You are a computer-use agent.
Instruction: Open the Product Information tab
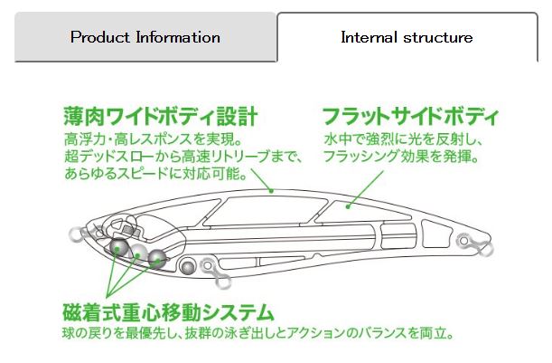coord(145,38)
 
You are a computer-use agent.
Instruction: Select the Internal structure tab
coord(406,38)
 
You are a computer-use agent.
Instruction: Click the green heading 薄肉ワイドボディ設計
coord(162,117)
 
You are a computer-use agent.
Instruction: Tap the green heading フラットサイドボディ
coord(410,117)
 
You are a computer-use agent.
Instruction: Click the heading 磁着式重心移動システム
coord(168,313)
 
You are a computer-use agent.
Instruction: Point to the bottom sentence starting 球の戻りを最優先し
coord(257,333)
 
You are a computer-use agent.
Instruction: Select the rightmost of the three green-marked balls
coord(158,259)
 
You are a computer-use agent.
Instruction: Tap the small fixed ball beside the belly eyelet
coord(188,266)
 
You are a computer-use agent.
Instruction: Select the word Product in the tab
coord(100,38)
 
